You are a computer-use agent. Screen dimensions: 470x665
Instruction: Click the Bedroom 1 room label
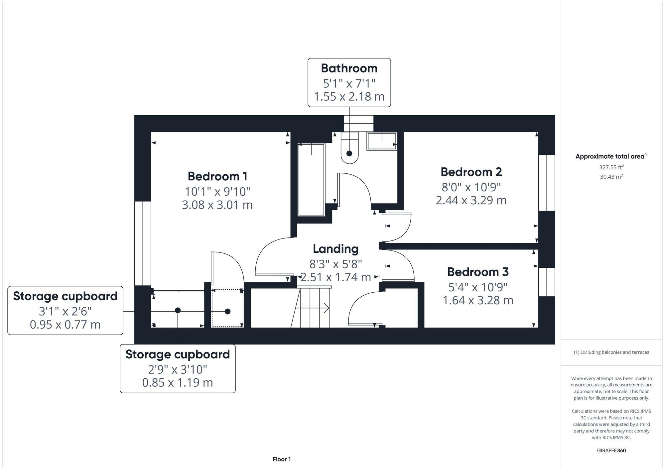click(x=217, y=176)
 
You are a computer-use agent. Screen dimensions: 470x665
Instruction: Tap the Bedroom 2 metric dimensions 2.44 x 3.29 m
click(x=471, y=200)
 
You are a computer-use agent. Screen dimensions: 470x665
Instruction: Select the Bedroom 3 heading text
click(x=478, y=272)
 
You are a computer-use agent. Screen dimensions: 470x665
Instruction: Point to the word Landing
click(x=335, y=249)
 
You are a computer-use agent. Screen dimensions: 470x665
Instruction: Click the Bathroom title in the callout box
click(x=349, y=68)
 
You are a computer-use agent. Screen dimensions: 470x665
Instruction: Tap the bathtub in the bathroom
click(x=311, y=179)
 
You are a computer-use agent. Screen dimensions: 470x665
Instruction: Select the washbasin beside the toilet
click(x=382, y=141)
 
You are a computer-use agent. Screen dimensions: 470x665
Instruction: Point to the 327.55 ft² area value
click(x=611, y=167)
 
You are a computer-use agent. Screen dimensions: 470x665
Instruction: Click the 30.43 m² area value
click(x=611, y=177)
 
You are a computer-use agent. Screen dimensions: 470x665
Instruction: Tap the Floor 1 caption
click(x=282, y=459)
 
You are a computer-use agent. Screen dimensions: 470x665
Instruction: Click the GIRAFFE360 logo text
click(x=611, y=451)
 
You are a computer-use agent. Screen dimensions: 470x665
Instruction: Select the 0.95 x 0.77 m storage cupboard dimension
click(x=65, y=325)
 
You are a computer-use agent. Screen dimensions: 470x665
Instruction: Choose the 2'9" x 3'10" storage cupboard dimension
click(x=178, y=369)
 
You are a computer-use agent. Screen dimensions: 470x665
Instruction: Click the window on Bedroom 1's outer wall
click(x=143, y=243)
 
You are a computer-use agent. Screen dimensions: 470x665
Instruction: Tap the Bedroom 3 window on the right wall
click(x=547, y=282)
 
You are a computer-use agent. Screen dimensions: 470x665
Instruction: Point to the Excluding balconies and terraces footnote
click(x=611, y=352)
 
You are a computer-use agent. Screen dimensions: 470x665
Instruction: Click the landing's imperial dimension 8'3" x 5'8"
click(x=335, y=264)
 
